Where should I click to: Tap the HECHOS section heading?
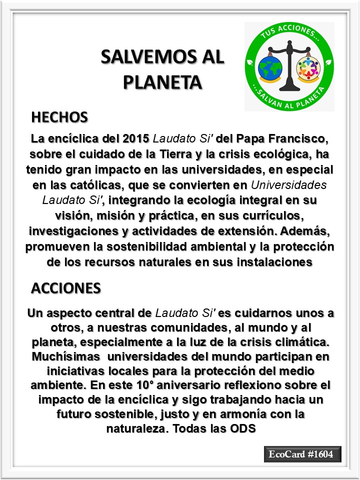(x=59, y=117)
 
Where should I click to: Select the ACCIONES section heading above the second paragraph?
(x=66, y=288)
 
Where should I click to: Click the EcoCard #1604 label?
(x=302, y=454)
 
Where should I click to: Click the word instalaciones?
(x=274, y=263)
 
